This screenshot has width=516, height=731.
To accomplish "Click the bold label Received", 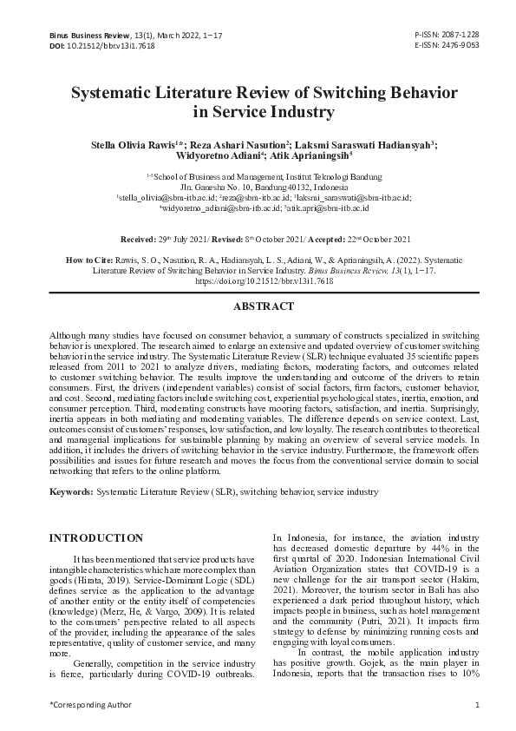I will (x=138, y=238).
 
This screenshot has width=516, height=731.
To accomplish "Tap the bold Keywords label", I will (x=70, y=491).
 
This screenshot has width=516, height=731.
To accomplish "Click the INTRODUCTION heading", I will (x=95, y=538).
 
